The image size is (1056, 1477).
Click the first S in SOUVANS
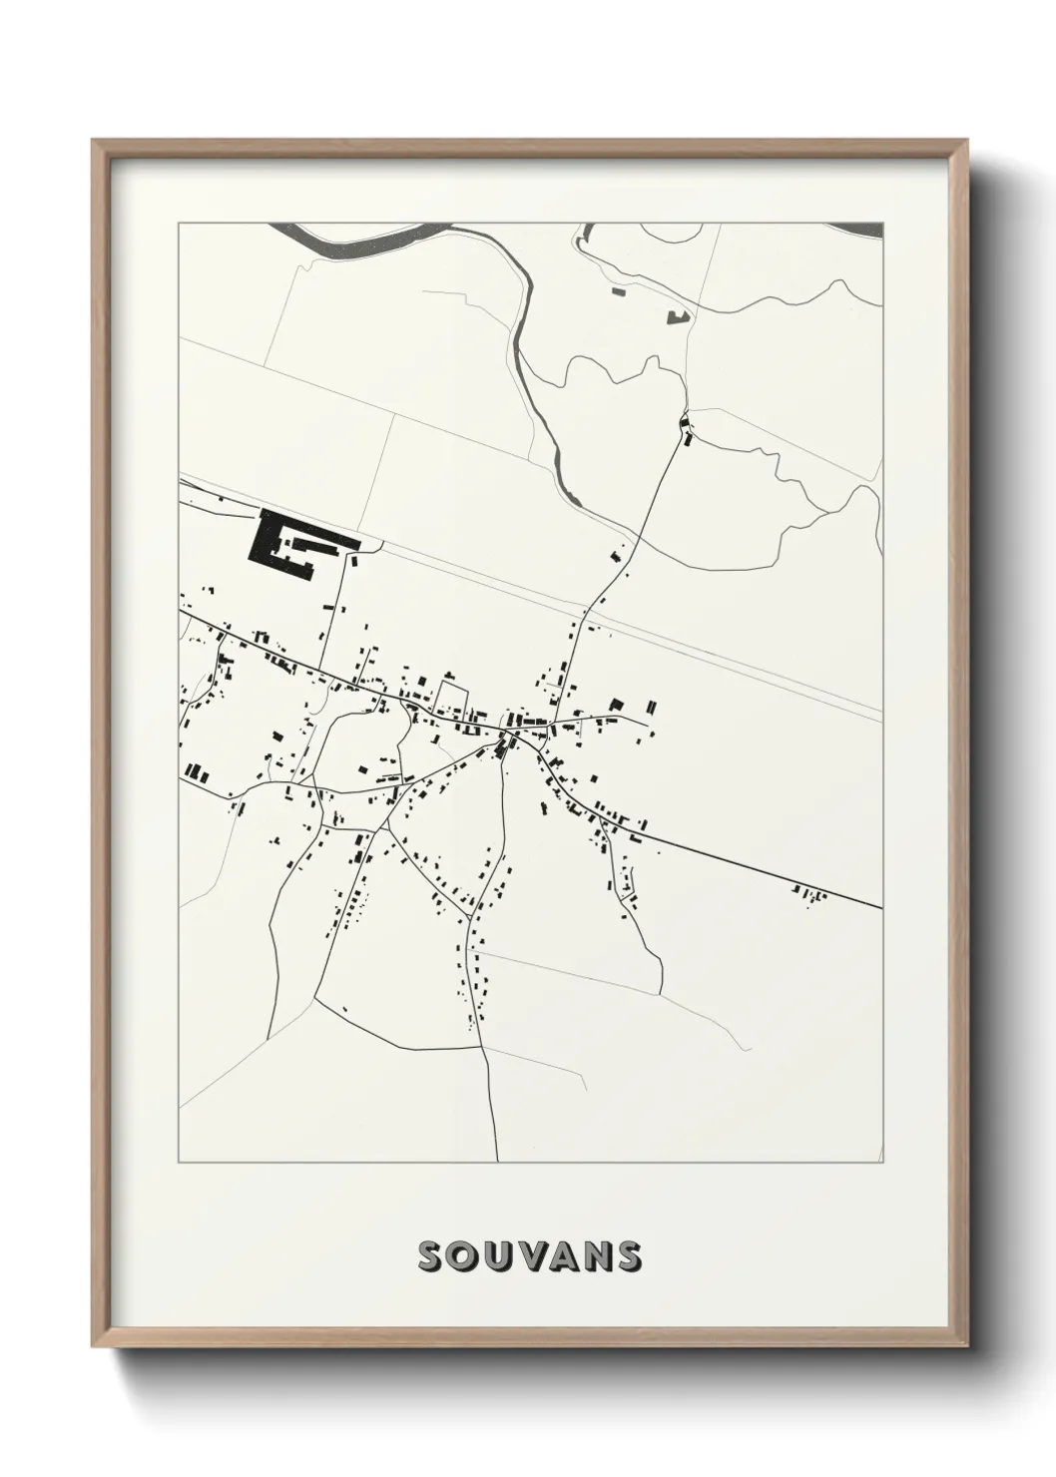[x=433, y=1257]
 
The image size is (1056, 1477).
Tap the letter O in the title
[x=466, y=1257]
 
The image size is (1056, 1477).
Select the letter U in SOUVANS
[x=499, y=1257]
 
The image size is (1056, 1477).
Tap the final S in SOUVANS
[x=629, y=1257]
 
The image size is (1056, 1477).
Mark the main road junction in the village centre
[x=508, y=737]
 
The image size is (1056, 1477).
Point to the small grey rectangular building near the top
[x=617, y=291]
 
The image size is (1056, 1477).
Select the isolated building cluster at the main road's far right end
[x=810, y=892]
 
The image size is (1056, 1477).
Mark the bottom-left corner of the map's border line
[x=179, y=1162]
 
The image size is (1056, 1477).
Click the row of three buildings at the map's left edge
[x=195, y=772]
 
